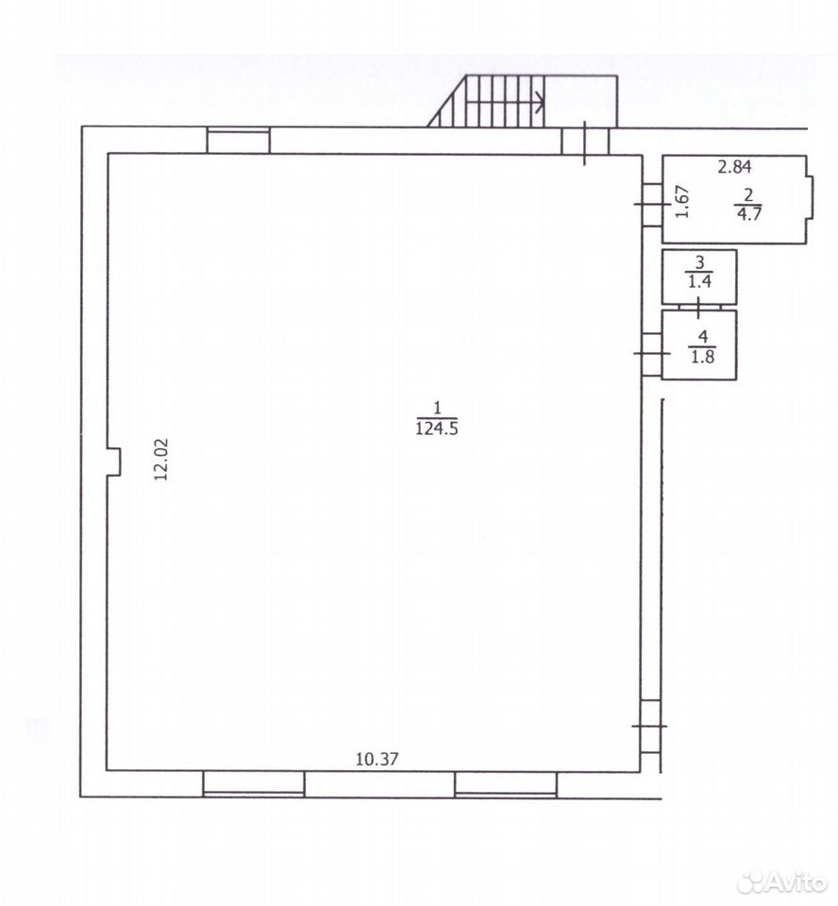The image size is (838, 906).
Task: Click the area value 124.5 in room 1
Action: coord(437,428)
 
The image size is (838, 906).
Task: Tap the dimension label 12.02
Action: coord(160,460)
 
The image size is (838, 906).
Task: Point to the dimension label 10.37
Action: coord(377,759)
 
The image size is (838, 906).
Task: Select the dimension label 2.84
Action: coord(734,167)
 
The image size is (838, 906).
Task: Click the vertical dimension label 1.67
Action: coord(682,201)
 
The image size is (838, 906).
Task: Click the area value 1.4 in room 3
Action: coord(699,282)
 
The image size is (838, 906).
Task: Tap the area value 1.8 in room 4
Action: coord(703,357)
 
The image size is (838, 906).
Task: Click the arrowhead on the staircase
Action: coord(539,103)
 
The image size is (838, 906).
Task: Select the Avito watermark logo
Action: coord(783,881)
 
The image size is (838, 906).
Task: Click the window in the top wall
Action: coord(238,141)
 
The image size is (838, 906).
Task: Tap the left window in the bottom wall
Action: coord(254,784)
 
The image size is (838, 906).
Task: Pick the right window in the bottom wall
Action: coord(506,784)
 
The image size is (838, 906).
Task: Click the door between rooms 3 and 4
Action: coord(699,307)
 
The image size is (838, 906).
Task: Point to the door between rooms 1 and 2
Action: coord(652,205)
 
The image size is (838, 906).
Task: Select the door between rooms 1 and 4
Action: coord(652,353)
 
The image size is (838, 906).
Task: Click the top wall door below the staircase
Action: coord(585,142)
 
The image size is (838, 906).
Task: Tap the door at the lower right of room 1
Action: coord(651,726)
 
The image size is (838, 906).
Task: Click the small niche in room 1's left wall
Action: coord(114,462)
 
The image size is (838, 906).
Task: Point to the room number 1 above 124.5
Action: coord(437,409)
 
